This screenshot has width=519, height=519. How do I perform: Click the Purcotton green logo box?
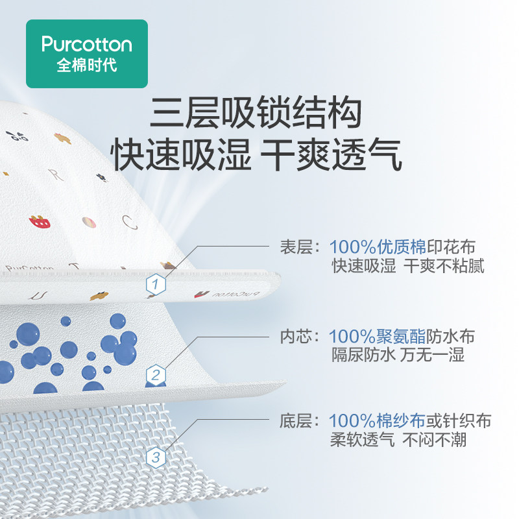tap(87, 54)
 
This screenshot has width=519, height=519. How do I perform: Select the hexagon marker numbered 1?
tap(155, 284)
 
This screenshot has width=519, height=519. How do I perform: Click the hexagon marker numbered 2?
tap(155, 374)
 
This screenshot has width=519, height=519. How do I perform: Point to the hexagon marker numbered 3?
tap(155, 458)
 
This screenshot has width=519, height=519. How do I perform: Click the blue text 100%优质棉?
tap(378, 247)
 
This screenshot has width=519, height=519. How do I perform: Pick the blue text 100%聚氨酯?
tap(378, 337)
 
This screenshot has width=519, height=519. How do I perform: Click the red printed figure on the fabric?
tap(40, 223)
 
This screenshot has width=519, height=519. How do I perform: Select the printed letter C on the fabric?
tap(130, 223)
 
